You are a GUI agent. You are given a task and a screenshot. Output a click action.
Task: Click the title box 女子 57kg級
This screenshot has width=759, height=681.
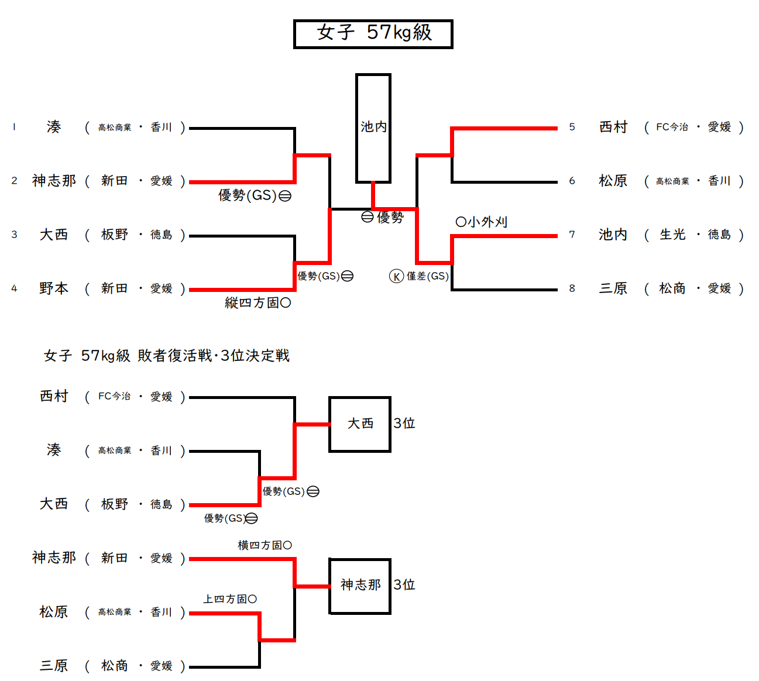click(x=373, y=34)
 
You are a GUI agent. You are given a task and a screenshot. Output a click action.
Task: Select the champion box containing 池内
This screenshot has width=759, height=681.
click(x=373, y=128)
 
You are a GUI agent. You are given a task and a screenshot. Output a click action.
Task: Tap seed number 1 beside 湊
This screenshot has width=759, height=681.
click(x=14, y=127)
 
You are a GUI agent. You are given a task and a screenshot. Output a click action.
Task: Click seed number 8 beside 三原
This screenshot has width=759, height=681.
click(x=572, y=288)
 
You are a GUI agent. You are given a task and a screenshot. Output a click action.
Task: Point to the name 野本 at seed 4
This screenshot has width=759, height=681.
click(x=54, y=288)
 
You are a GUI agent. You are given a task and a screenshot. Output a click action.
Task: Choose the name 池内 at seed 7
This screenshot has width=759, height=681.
click(x=613, y=235)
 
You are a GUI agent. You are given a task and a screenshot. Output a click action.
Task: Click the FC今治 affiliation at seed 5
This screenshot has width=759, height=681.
click(x=672, y=127)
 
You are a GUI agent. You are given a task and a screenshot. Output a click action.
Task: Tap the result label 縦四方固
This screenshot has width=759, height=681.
click(x=257, y=303)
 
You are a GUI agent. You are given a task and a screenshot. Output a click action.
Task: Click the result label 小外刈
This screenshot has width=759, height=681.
click(x=482, y=222)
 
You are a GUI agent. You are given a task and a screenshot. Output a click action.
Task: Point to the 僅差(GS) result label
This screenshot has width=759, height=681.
click(x=427, y=276)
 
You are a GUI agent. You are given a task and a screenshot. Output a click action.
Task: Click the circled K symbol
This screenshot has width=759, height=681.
click(x=396, y=276)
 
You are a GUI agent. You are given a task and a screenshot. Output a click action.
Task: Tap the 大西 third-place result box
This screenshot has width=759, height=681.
click(x=360, y=424)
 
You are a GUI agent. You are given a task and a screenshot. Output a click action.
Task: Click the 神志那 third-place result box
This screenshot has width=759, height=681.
click(x=360, y=585)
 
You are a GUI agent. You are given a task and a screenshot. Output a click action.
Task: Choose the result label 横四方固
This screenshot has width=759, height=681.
click(x=265, y=545)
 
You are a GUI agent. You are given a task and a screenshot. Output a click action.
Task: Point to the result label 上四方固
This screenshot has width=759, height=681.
click(x=230, y=599)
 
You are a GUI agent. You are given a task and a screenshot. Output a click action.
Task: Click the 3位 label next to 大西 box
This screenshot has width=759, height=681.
click(x=404, y=424)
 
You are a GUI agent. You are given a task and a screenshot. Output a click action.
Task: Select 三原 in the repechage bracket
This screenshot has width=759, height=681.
click(x=54, y=666)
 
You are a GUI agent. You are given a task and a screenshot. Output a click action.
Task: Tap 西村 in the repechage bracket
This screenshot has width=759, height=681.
click(x=54, y=396)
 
